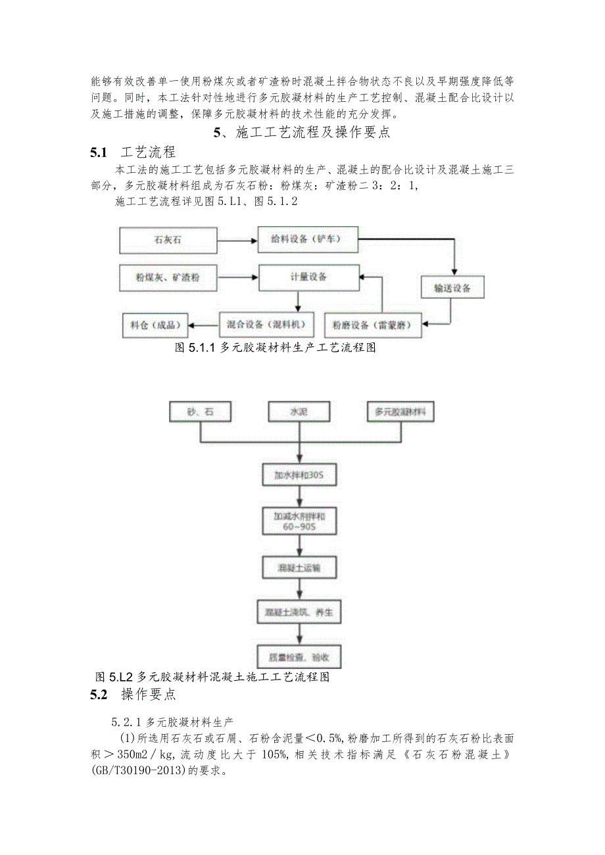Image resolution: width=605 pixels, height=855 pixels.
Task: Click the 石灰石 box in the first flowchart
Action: click(x=168, y=241)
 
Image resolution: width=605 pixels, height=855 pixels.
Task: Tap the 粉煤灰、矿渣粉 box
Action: click(x=168, y=278)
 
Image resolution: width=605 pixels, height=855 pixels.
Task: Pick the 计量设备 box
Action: click(x=309, y=277)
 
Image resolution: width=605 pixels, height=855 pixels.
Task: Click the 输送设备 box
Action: click(x=452, y=288)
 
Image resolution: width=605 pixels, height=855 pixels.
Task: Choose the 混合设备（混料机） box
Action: click(x=266, y=323)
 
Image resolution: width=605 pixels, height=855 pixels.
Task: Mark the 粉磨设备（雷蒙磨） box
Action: click(x=373, y=325)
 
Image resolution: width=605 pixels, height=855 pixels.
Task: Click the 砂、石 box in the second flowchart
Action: click(x=201, y=412)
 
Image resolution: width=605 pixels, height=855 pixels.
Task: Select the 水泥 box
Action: click(x=300, y=412)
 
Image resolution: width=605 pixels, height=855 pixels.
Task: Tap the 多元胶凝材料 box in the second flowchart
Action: click(x=400, y=412)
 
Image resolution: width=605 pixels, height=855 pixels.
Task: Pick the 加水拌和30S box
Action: click(x=300, y=474)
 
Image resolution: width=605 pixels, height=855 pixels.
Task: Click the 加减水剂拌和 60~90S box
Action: click(x=300, y=522)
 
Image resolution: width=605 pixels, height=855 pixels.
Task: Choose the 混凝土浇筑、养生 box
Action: click(x=300, y=612)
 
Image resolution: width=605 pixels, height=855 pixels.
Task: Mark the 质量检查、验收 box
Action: click(x=300, y=656)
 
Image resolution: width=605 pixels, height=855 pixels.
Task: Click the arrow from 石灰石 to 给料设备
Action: click(x=237, y=241)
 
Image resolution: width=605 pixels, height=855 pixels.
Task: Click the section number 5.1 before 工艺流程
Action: click(x=99, y=153)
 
